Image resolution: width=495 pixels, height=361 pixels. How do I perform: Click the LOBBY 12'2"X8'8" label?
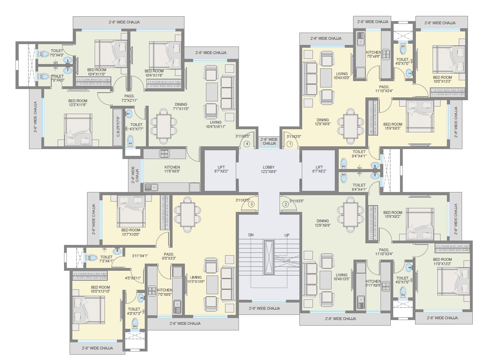click(x=269, y=170)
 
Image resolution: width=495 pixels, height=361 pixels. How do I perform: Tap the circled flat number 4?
click(x=247, y=144)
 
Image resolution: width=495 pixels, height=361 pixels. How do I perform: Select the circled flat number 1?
click(x=290, y=144)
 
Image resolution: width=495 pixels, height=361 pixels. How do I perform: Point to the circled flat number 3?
click(x=251, y=204)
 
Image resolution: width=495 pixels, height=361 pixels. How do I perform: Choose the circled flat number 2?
click(x=285, y=204)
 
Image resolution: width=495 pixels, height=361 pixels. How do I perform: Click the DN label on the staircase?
click(x=251, y=235)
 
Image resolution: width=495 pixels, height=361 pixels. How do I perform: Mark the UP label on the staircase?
click(x=287, y=235)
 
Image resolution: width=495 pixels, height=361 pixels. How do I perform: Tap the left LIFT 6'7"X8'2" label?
click(x=221, y=170)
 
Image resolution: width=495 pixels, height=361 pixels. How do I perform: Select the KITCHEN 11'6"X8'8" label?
click(x=172, y=170)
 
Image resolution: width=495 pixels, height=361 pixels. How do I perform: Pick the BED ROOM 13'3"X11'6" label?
click(x=78, y=103)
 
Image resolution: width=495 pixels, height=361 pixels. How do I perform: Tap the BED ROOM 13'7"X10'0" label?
click(x=131, y=232)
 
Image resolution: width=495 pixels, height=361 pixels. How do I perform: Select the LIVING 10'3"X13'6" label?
click(x=196, y=279)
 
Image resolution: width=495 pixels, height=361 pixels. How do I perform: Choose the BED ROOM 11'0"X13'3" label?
click(x=443, y=261)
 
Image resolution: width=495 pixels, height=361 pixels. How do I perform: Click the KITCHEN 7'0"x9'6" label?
click(x=374, y=54)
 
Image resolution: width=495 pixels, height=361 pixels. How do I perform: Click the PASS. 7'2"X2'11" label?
click(x=129, y=98)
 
